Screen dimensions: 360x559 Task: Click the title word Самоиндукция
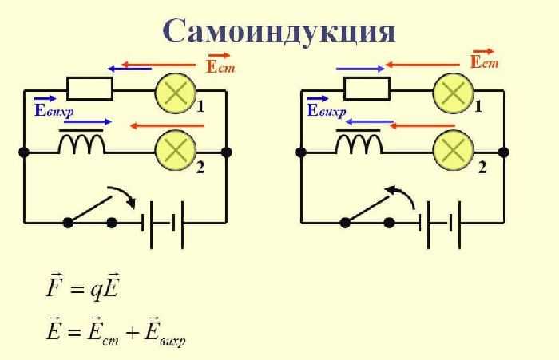279,30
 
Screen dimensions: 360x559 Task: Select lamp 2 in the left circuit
175,149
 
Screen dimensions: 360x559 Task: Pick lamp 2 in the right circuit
453,149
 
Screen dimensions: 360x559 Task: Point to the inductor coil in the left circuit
81,144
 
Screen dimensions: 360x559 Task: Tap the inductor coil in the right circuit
359,144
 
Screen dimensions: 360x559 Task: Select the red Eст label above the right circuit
484,61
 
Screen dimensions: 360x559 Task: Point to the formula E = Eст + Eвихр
116,330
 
